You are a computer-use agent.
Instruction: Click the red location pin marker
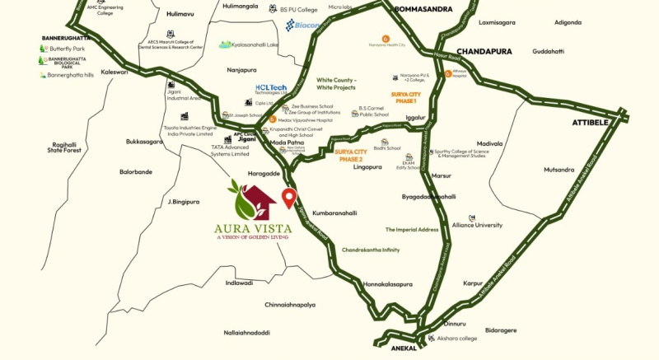pyautogui.click(x=288, y=198)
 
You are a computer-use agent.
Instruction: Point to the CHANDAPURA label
pyautogui.click(x=484, y=51)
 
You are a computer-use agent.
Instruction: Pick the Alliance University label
pyautogui.click(x=477, y=224)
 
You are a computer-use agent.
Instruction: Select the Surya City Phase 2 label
pyautogui.click(x=357, y=155)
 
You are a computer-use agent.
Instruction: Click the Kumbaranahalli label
pyautogui.click(x=335, y=213)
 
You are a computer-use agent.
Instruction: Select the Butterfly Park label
pyautogui.click(x=67, y=49)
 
